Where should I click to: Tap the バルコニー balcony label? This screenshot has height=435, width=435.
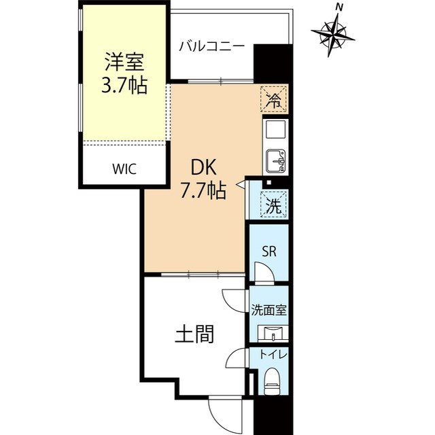[x=211, y=47]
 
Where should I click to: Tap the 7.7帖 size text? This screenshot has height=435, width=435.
[x=203, y=191]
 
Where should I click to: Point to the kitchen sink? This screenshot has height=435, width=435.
[x=275, y=160]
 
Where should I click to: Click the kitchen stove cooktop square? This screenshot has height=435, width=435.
[x=275, y=128]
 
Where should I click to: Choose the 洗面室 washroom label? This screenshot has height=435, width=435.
[x=269, y=309]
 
